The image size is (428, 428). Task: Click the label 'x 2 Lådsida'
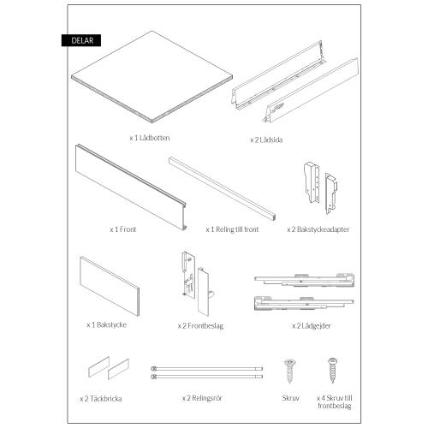pyautogui.click(x=268, y=138)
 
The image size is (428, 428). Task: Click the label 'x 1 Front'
pyautogui.click(x=123, y=230)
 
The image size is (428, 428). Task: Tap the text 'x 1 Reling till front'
pyautogui.click(x=234, y=230)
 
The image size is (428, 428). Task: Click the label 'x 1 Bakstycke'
pyautogui.click(x=107, y=325)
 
